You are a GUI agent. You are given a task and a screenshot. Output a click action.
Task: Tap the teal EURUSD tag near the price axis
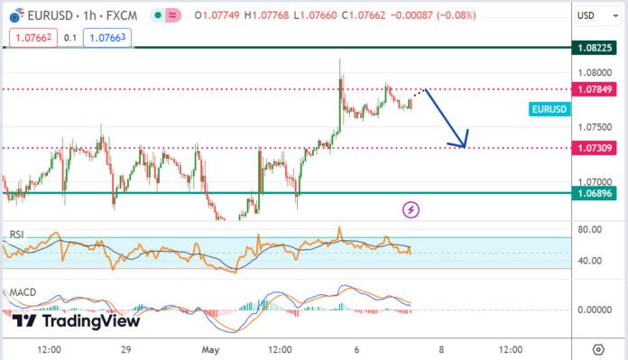(x=549, y=109)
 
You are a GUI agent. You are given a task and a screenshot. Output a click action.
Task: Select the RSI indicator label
(x=16, y=235)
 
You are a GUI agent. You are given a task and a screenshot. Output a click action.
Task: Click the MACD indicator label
(x=22, y=293)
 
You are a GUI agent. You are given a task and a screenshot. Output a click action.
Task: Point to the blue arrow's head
(x=465, y=144)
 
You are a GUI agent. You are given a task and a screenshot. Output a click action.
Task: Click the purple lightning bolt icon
(x=411, y=209)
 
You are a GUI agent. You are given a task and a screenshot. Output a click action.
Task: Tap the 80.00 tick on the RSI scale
(x=591, y=229)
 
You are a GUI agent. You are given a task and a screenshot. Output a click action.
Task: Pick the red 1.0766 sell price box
(x=32, y=38)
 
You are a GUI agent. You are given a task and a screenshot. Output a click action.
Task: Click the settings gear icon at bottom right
(x=598, y=349)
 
